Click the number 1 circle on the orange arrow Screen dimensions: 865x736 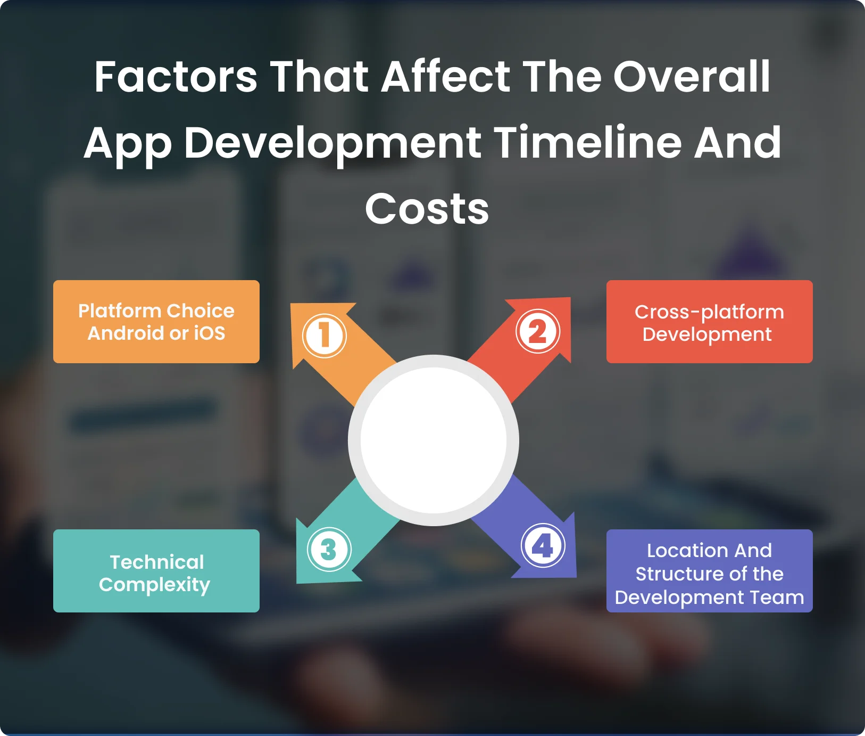(325, 336)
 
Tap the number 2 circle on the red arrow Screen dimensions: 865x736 (538, 331)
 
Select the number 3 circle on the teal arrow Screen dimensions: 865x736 (329, 550)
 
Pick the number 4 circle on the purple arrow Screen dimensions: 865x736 (543, 545)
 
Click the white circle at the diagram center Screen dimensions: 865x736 (434, 440)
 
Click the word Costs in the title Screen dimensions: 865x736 (427, 209)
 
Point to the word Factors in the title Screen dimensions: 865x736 (176, 77)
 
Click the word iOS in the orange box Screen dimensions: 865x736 (209, 333)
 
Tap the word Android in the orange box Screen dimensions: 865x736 (126, 333)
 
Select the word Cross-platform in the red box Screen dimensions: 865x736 (709, 313)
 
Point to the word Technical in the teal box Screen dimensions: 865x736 (157, 562)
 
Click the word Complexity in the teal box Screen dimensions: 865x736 (154, 585)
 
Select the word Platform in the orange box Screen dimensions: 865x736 (120, 310)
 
